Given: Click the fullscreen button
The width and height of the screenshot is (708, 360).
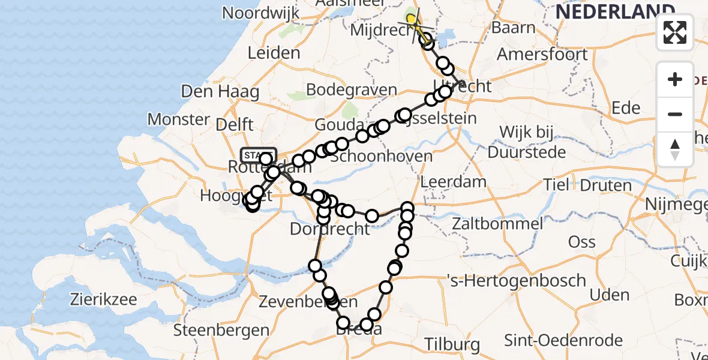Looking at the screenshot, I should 675,32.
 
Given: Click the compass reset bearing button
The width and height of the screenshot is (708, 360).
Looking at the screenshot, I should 675,149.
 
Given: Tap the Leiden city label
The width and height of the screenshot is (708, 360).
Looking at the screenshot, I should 274,53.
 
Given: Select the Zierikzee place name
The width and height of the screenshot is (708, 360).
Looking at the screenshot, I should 104,299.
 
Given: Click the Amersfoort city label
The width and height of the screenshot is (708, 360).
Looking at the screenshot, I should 542,54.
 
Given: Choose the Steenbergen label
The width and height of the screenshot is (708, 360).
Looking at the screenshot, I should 221,330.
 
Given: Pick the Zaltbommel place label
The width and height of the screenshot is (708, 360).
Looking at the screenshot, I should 498,224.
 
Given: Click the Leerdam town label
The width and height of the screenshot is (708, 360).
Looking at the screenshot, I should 453,181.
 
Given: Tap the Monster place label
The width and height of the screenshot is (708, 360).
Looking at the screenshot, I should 178,119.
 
